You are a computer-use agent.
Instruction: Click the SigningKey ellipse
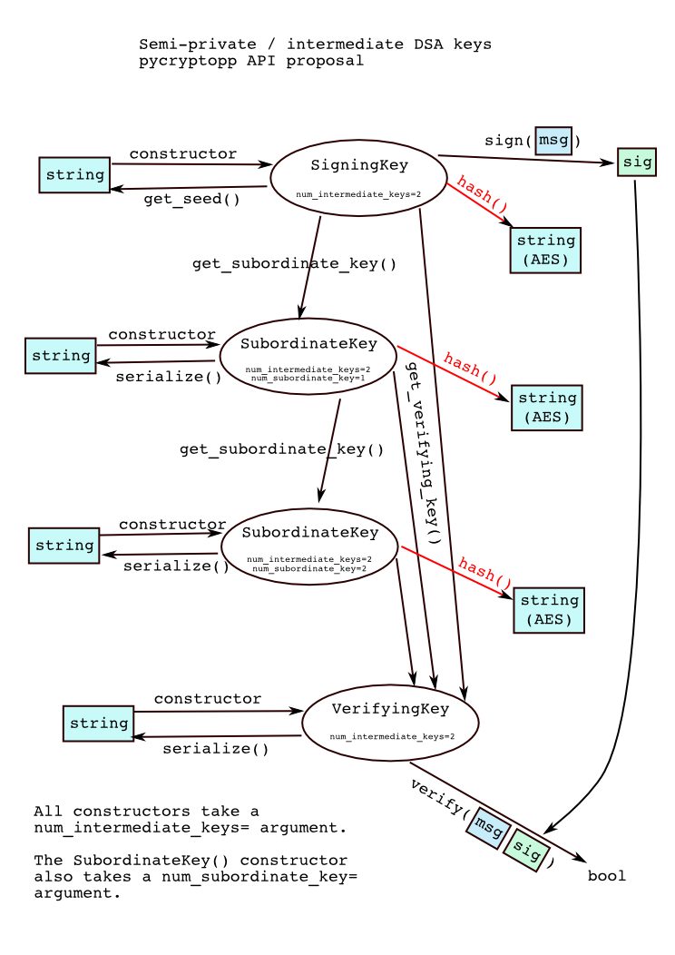pyautogui.click(x=358, y=178)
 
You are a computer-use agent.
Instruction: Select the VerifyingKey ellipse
pyautogui.click(x=390, y=723)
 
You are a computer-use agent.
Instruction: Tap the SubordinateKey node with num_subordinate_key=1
pyautogui.click(x=308, y=356)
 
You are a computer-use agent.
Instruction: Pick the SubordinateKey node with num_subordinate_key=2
pyautogui.click(x=308, y=546)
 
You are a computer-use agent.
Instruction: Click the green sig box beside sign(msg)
pyautogui.click(x=636, y=162)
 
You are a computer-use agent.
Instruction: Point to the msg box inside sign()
pyautogui.click(x=553, y=141)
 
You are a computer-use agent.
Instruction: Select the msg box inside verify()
pyautogui.click(x=486, y=827)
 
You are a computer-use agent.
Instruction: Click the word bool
pyautogui.click(x=607, y=876)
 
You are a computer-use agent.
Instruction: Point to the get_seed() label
pyautogui.click(x=191, y=200)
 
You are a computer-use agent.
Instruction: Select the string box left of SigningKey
pyautogui.click(x=74, y=175)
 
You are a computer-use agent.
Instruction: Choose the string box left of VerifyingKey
pyautogui.click(x=98, y=724)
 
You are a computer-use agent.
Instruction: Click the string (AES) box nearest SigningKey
pyautogui.click(x=545, y=250)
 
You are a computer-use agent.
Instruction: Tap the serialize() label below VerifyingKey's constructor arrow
pyautogui.click(x=216, y=749)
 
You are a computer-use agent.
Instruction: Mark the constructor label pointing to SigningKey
pyautogui.click(x=183, y=154)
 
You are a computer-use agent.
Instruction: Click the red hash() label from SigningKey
pyautogui.click(x=481, y=194)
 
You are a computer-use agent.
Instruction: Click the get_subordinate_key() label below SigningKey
pyautogui.click(x=295, y=264)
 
